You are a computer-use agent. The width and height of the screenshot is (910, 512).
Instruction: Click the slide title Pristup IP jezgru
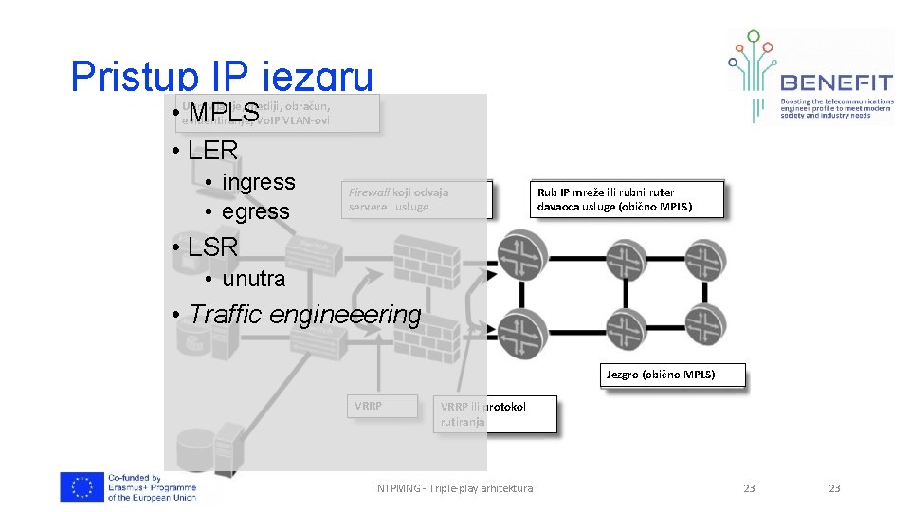222,77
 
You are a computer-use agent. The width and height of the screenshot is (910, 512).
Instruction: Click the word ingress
258,182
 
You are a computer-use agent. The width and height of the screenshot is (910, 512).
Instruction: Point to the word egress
255,211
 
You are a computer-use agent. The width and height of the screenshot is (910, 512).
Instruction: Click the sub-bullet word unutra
253,279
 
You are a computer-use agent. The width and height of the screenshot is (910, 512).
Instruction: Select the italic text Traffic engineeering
304,314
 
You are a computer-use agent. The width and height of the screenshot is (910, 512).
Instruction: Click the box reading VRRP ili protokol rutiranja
495,414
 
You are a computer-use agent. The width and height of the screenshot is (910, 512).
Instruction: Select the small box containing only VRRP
380,406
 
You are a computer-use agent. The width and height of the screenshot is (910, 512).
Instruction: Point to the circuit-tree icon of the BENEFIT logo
753,71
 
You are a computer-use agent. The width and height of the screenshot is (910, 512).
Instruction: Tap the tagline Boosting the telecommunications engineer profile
836,108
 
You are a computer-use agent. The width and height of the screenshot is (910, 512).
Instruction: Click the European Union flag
81,486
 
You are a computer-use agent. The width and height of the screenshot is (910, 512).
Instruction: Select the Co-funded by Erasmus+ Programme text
152,487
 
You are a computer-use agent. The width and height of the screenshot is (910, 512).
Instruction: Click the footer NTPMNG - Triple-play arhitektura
454,488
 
